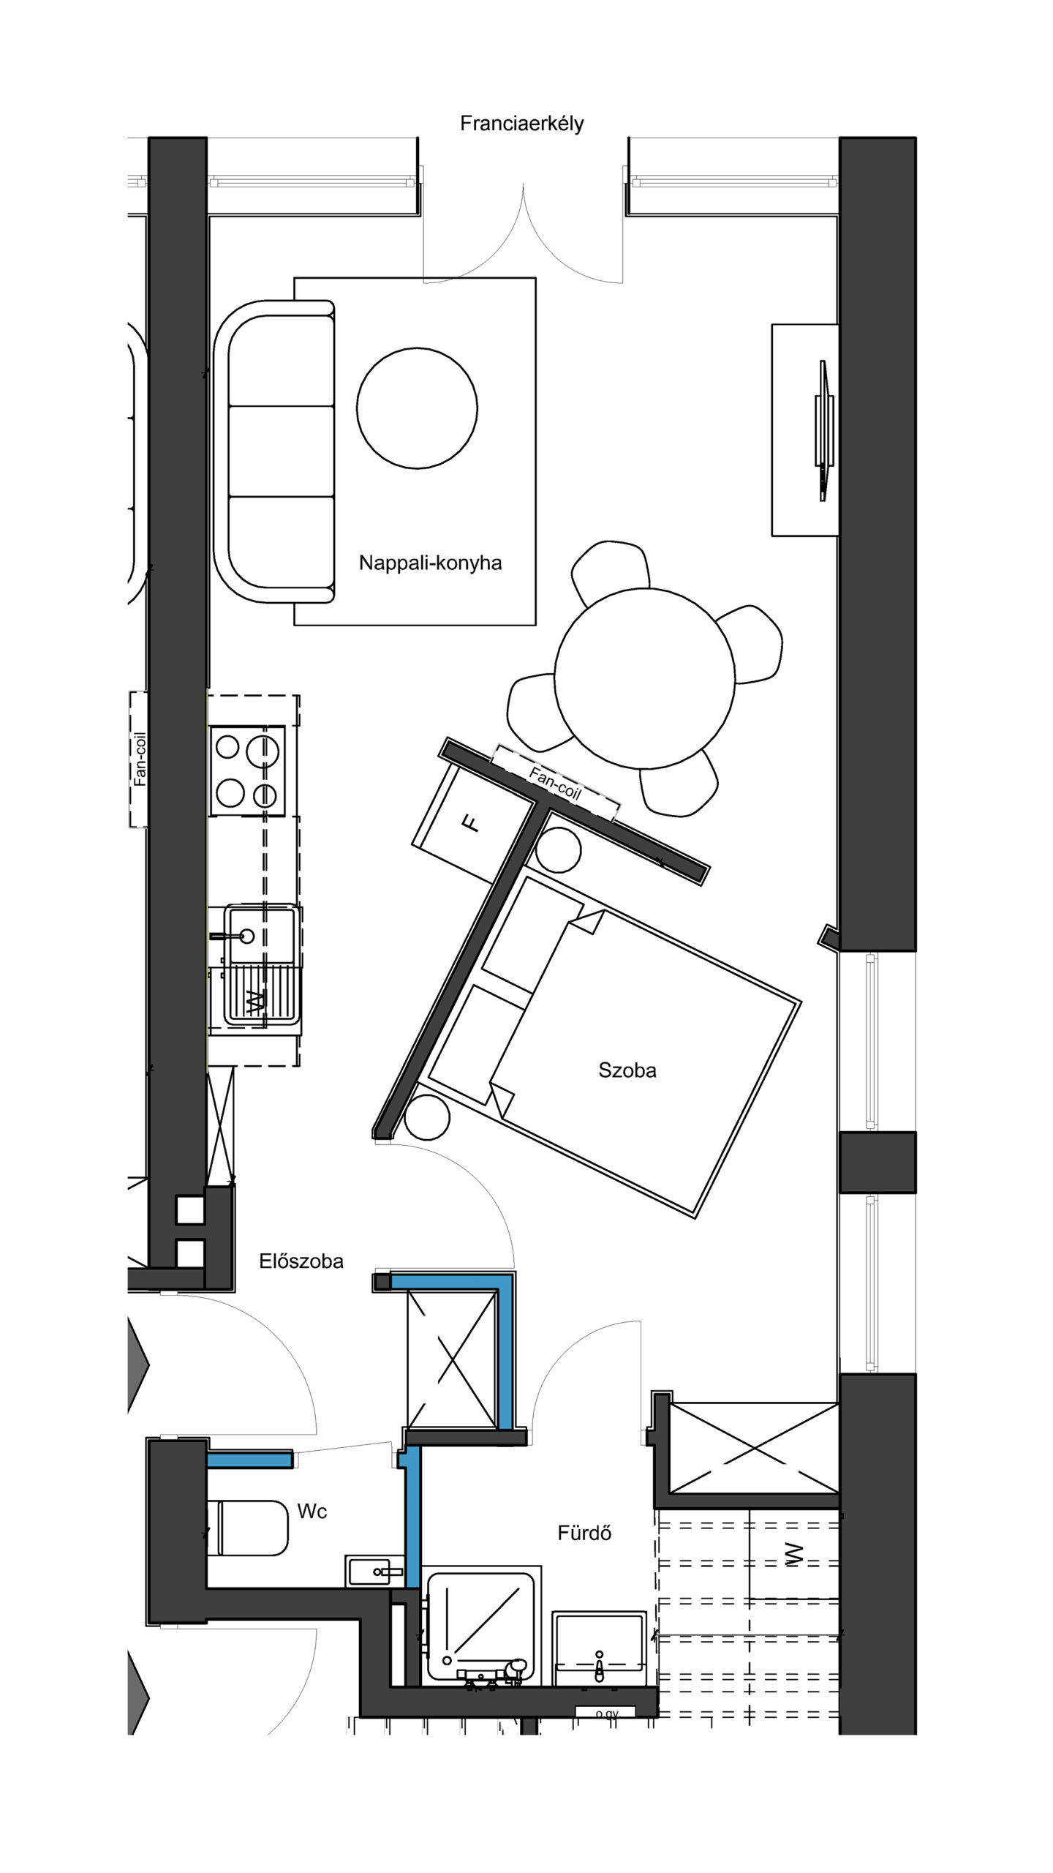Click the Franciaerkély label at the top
pos(521,124)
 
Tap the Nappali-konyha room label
pos(430,563)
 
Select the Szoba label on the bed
pos(627,1070)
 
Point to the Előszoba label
pos(301,1261)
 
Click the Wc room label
pos(312,1506)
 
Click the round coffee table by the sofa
pos(417,408)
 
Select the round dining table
pos(644,678)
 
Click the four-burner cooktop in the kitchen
pos(247,770)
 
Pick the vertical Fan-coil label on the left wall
pos(140,759)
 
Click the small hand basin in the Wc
pos(374,1572)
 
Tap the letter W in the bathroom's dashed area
pos(793,1555)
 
